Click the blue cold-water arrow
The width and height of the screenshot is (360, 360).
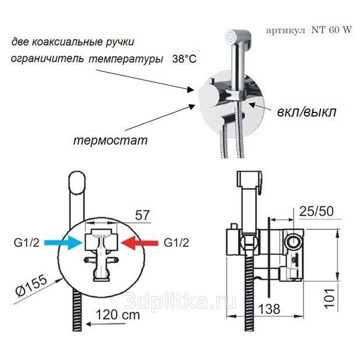pyautogui.click(x=63, y=243)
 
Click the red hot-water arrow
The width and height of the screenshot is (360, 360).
pyautogui.click(x=140, y=243)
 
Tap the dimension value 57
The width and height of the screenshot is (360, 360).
pyautogui.click(x=142, y=215)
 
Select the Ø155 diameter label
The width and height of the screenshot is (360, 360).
pyautogui.click(x=31, y=285)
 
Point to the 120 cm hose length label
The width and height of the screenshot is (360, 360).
pyautogui.click(x=118, y=315)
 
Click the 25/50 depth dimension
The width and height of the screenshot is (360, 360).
pyautogui.click(x=316, y=211)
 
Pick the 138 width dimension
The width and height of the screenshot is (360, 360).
pyautogui.click(x=269, y=309)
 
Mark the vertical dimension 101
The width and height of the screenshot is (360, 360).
pyautogui.click(x=329, y=298)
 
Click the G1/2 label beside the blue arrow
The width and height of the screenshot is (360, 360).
pyautogui.click(x=27, y=243)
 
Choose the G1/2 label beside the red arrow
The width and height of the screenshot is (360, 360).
pyautogui.click(x=177, y=243)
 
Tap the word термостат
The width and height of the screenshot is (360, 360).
pyautogui.click(x=111, y=140)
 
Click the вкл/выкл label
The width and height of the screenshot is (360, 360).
pyautogui.click(x=307, y=112)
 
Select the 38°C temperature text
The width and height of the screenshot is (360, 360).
pyautogui.click(x=184, y=59)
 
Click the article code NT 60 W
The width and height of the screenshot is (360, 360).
pyautogui.click(x=331, y=30)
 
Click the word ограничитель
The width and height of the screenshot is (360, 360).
pyautogui.click(x=47, y=59)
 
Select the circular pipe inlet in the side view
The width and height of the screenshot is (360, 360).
pyautogui.click(x=294, y=242)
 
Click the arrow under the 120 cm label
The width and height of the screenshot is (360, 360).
pyautogui.click(x=106, y=324)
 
